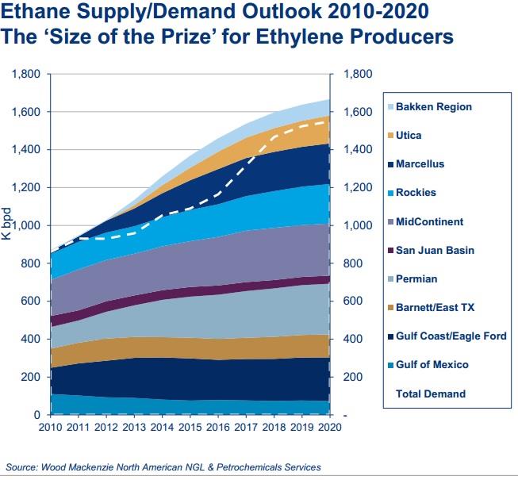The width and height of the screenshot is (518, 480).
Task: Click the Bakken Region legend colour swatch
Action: [x=389, y=107]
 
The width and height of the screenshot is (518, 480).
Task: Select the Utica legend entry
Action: [x=409, y=136]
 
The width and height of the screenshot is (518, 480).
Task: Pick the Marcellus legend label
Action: [x=420, y=164]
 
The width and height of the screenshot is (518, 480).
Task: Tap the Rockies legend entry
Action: [x=416, y=193]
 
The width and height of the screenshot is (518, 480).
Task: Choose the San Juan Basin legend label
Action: [x=435, y=251]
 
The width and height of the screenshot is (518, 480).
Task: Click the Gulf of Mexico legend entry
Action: [x=432, y=365]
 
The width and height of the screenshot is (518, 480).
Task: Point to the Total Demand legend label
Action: [x=431, y=394]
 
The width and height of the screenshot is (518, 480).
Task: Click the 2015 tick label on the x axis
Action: [x=190, y=427]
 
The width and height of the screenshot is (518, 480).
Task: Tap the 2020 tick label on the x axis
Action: [x=329, y=427]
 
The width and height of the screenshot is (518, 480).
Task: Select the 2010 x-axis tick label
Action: [x=50, y=427]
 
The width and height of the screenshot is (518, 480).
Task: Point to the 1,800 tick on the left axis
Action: [x=28, y=74]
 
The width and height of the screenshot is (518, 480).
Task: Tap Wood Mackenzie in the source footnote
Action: [x=79, y=467]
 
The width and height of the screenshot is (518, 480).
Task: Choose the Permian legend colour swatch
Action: [x=389, y=279]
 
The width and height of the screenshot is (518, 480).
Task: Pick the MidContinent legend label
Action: [x=429, y=222]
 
